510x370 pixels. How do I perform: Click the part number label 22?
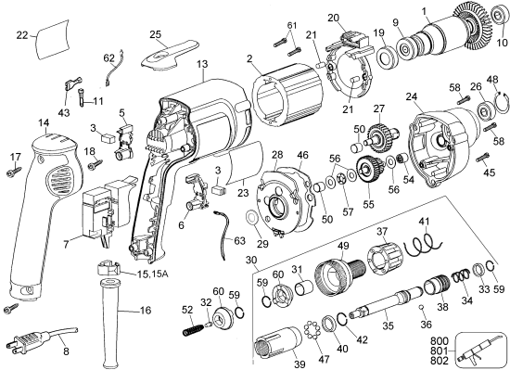point(23,35)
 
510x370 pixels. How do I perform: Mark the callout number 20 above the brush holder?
point(333,17)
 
